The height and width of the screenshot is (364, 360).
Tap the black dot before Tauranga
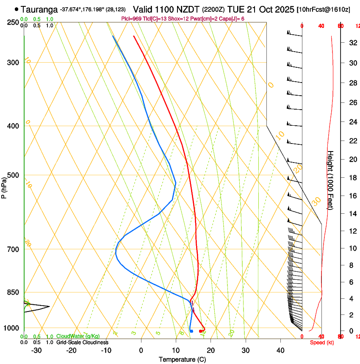pyautogui.click(x=17, y=9)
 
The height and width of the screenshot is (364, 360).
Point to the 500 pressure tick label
pyautogui.click(x=13, y=175)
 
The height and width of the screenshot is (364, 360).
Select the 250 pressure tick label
pyautogui.click(x=13, y=22)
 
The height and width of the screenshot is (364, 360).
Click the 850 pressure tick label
pyautogui.click(x=13, y=292)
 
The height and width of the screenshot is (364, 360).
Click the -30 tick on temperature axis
pyautogui.click(x=36, y=350)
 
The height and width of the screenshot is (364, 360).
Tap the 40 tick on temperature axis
pyautogui.click(x=280, y=350)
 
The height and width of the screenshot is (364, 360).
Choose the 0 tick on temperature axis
pyautogui.click(x=141, y=350)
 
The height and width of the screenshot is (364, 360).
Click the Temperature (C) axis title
pyautogui.click(x=182, y=360)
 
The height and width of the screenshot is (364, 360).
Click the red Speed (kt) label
pyautogui.click(x=322, y=342)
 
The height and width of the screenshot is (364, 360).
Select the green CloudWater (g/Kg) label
pyautogui.click(x=78, y=336)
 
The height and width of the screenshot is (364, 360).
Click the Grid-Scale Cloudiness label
pyautogui.click(x=82, y=342)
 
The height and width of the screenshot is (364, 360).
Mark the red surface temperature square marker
pyautogui.click(x=201, y=331)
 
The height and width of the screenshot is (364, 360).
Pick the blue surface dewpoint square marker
pyautogui.click(x=191, y=331)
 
